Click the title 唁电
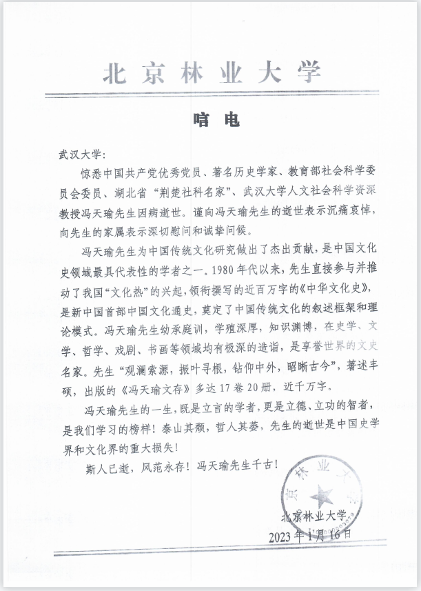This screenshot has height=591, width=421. click(211, 121)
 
